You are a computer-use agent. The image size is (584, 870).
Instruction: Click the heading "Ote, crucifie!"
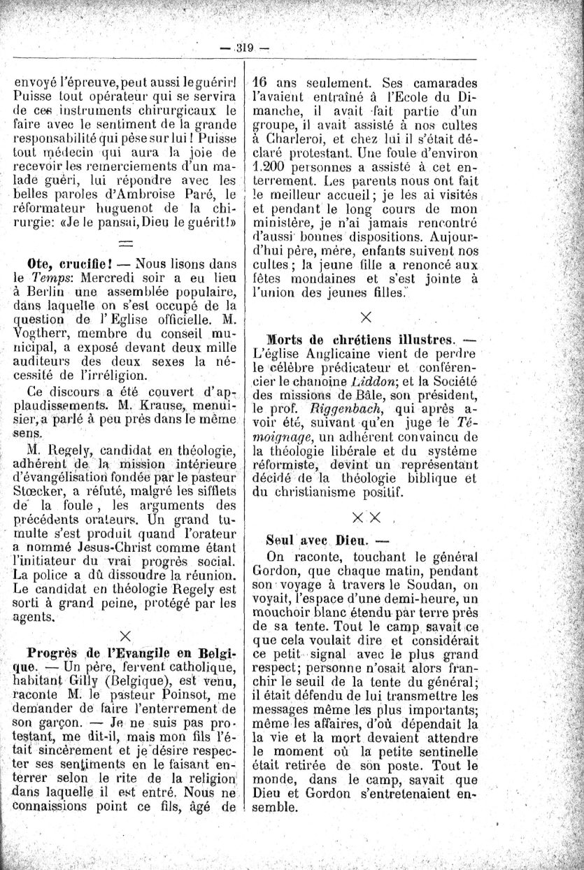pyautogui.click(x=67, y=264)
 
